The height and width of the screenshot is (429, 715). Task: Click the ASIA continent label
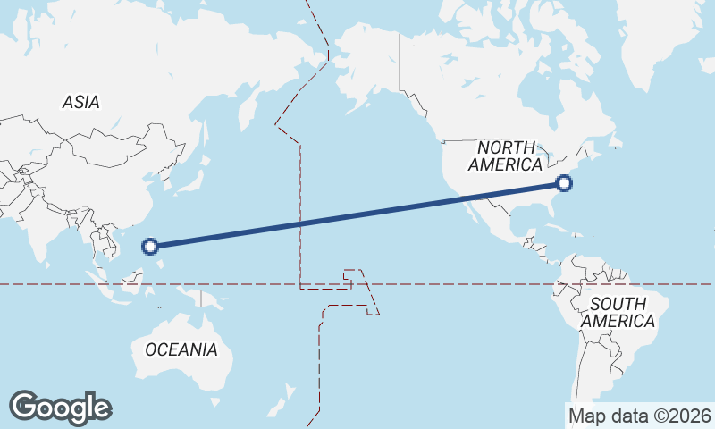coord(80,103)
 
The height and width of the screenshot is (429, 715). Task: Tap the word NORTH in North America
coord(506,147)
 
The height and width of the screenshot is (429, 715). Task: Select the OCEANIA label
coord(181,349)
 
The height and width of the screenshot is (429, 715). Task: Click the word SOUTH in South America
coord(618,304)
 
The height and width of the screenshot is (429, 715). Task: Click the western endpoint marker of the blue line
coord(150,246)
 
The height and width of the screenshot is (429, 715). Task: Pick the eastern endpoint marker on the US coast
coord(563,183)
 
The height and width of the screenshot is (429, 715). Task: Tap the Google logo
coord(60,407)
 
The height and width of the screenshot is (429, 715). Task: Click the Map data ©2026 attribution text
coord(639,416)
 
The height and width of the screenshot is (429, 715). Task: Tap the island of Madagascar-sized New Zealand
coord(288,393)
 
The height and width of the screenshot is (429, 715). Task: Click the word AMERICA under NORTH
coord(505,165)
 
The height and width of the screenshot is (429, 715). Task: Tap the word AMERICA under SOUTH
coord(618,321)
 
